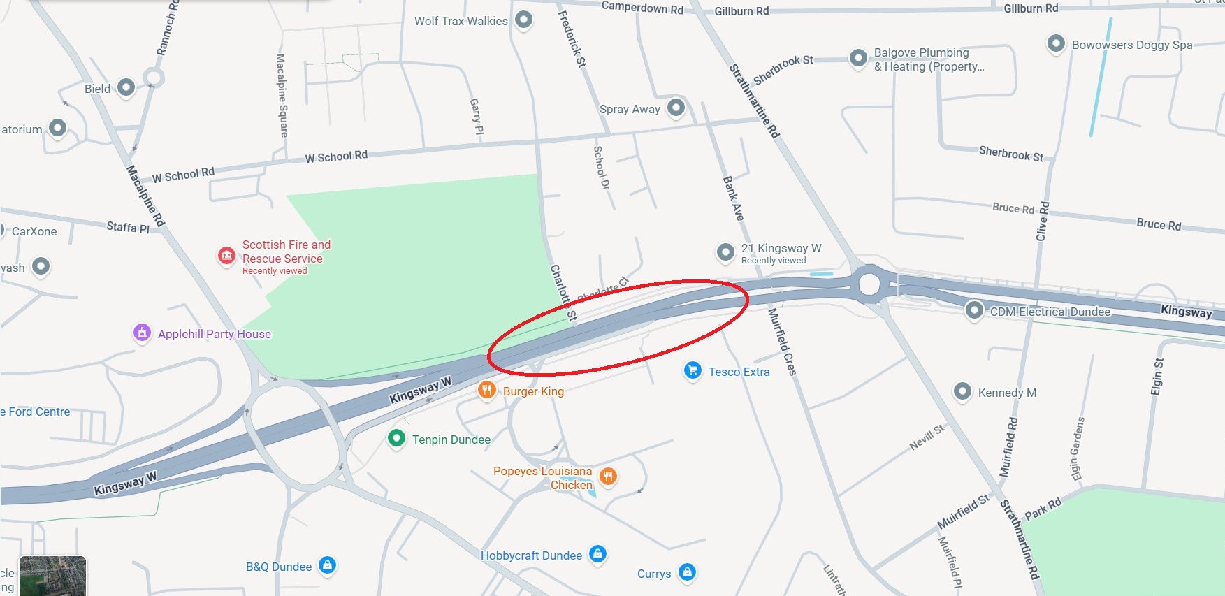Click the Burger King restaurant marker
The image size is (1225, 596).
pyautogui.click(x=486, y=390)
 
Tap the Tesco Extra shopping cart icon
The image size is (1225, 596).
pyautogui.click(x=692, y=370)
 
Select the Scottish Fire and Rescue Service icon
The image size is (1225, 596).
pyautogui.click(x=226, y=256)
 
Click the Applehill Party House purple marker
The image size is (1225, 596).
pyautogui.click(x=142, y=333)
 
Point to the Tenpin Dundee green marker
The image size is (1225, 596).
pyautogui.click(x=396, y=438)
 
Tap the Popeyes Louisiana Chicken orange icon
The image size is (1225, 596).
pyautogui.click(x=608, y=477)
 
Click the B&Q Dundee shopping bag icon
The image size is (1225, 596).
pyautogui.click(x=327, y=565)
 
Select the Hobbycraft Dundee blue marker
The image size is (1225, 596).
pyautogui.click(x=597, y=554)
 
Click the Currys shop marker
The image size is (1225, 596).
pyautogui.click(x=687, y=572)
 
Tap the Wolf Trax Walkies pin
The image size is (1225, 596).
pyautogui.click(x=523, y=19)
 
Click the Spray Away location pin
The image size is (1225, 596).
pyautogui.click(x=676, y=107)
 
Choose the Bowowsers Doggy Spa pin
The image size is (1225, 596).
pyautogui.click(x=1055, y=43)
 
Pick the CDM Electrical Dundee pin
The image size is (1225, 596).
pyautogui.click(x=974, y=310)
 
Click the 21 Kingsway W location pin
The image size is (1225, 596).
pyautogui.click(x=725, y=252)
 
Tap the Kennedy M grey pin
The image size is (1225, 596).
pyautogui.click(x=962, y=391)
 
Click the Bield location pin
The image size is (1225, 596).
pyautogui.click(x=126, y=87)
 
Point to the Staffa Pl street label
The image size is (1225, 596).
pyautogui.click(x=128, y=227)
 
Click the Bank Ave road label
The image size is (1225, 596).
pyautogui.click(x=733, y=198)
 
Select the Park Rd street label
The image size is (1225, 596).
pyautogui.click(x=1043, y=509)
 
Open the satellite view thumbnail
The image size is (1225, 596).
pyautogui.click(x=52, y=576)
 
